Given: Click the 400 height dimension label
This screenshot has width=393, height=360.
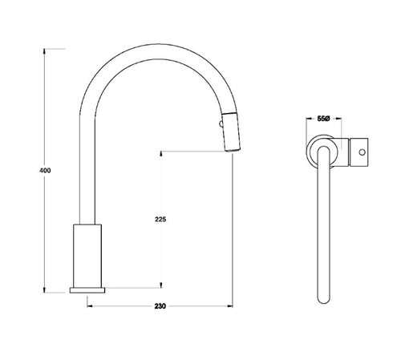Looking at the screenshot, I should point(33,171).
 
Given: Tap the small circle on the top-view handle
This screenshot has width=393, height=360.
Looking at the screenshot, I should point(360,150).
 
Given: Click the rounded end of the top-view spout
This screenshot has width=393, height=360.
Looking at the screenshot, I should point(325,300).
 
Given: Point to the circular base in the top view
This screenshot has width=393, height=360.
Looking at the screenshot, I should point(322,150).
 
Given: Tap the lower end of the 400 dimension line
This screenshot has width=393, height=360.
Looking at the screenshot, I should point(43,294).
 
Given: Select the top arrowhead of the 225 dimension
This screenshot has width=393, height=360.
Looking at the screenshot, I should point(162,152).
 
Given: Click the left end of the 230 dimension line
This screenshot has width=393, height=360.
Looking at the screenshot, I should point(87,305).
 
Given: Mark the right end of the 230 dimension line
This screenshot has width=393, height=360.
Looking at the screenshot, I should point(232,305).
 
